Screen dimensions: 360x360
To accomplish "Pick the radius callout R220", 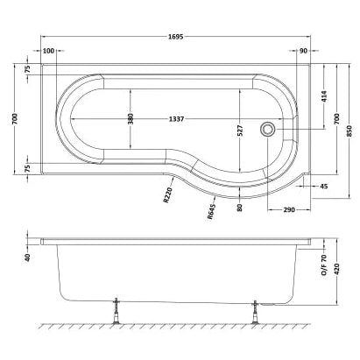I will point(168,194).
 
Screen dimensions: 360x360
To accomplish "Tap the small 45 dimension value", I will point(323,187).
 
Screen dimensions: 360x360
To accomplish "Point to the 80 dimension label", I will point(239,207).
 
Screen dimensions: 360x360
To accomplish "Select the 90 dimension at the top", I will point(303,52).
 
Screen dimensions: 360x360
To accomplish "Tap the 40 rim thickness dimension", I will point(27,258).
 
